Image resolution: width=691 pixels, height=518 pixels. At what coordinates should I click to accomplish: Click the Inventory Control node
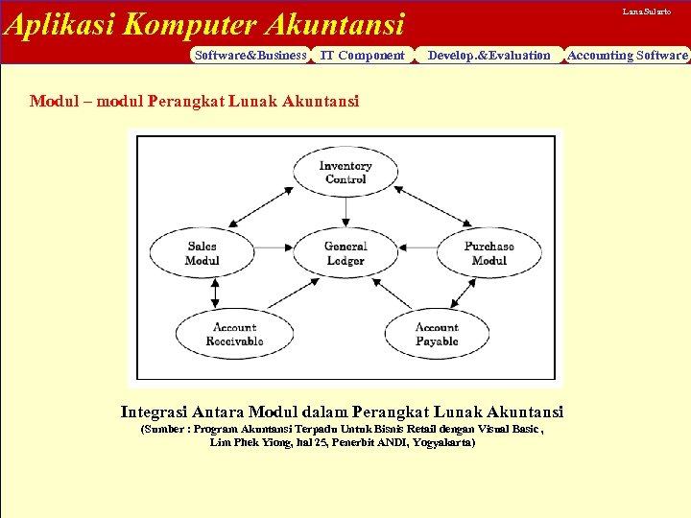click(345, 173)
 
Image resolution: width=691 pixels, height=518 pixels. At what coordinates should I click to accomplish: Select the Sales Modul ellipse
click(203, 253)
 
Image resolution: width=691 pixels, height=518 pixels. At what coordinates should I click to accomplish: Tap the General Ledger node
click(345, 253)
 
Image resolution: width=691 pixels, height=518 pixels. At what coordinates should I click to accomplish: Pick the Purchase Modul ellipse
click(488, 253)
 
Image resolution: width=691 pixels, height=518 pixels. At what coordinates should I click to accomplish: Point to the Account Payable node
click(437, 334)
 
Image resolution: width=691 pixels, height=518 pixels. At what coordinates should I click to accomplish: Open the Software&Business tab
click(250, 56)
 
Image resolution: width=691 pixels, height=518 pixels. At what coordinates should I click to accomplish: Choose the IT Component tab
click(362, 56)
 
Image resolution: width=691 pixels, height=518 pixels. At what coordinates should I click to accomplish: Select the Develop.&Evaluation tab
click(489, 56)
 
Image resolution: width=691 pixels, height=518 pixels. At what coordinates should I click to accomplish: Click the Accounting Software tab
click(628, 56)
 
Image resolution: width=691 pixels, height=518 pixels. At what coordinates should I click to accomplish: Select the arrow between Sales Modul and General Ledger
click(274, 253)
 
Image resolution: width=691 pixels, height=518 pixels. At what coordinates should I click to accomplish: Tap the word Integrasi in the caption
click(153, 412)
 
